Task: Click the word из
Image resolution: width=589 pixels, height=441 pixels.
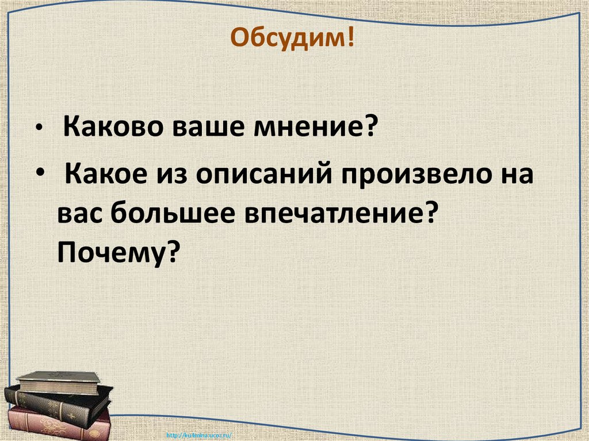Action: (171, 172)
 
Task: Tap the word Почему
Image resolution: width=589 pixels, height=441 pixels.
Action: (109, 251)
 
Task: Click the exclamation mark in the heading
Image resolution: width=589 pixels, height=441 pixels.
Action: (350, 40)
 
